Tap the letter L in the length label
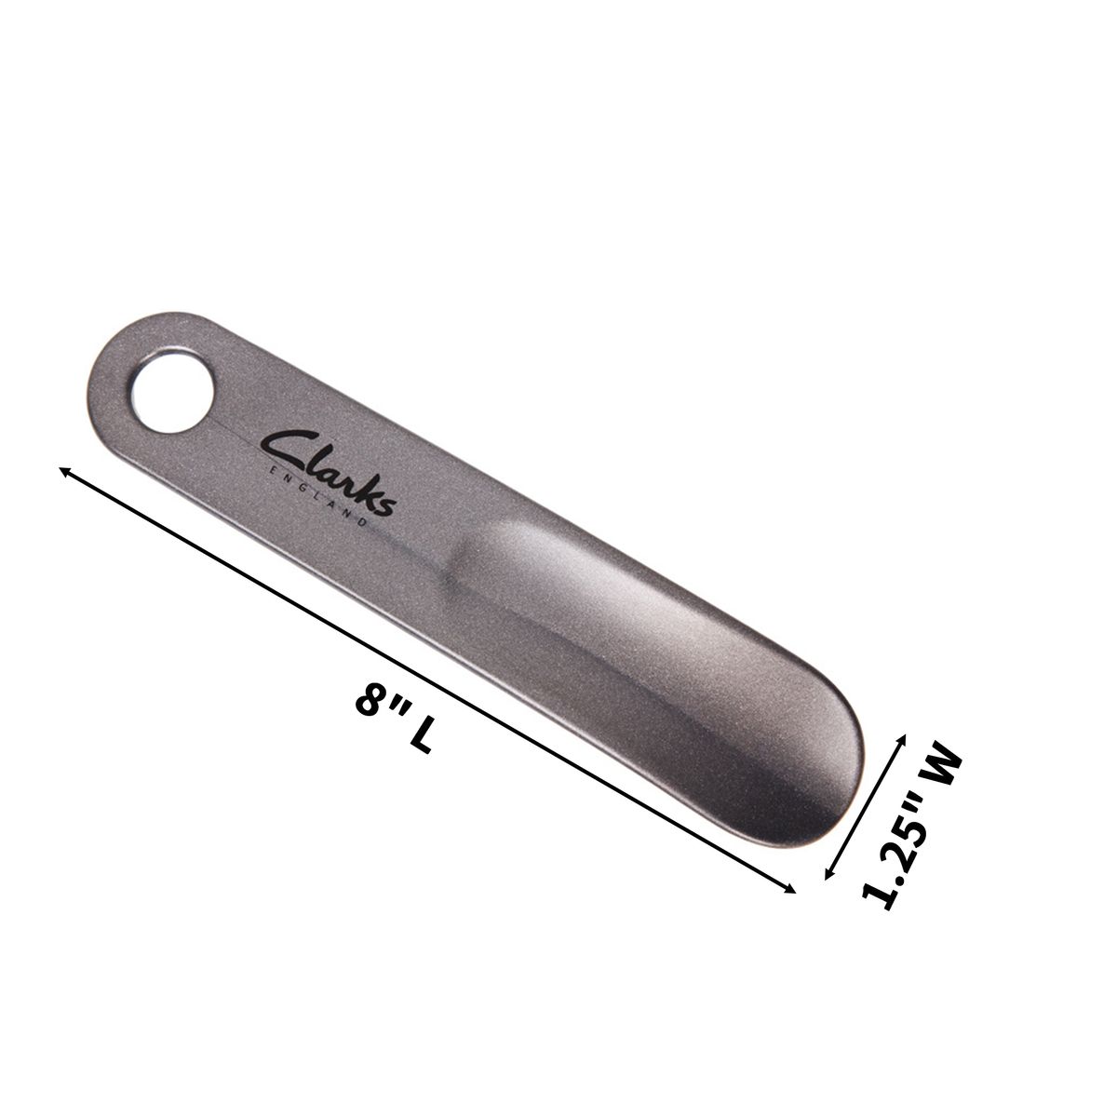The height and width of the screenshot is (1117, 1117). coord(420,737)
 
